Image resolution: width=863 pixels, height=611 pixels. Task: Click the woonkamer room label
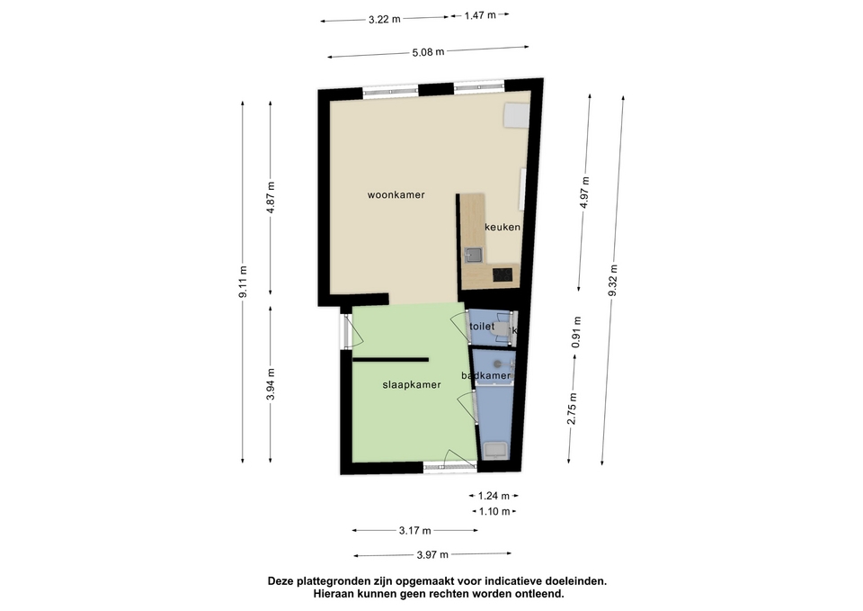(396, 195)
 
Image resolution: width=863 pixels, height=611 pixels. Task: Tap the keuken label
(502, 227)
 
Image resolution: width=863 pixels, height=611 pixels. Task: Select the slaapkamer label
(412, 385)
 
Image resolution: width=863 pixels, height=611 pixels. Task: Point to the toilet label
(482, 326)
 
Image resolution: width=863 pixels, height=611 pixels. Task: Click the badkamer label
(485, 376)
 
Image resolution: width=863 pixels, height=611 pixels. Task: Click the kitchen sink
(473, 255)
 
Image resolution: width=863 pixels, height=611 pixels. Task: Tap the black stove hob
(503, 274)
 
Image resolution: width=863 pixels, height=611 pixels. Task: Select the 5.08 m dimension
(428, 52)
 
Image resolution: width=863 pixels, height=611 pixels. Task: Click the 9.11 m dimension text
(243, 282)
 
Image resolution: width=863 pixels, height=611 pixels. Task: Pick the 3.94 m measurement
(271, 384)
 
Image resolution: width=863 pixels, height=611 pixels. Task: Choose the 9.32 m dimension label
(613, 281)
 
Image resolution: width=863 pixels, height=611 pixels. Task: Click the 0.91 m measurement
(576, 332)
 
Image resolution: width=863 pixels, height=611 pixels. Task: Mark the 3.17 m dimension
(415, 531)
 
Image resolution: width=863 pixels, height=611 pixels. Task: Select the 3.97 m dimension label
(432, 555)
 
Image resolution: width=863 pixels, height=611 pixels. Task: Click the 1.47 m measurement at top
(480, 15)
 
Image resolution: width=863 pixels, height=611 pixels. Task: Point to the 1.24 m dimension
(494, 496)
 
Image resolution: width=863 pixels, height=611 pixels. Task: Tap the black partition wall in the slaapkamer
(391, 360)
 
